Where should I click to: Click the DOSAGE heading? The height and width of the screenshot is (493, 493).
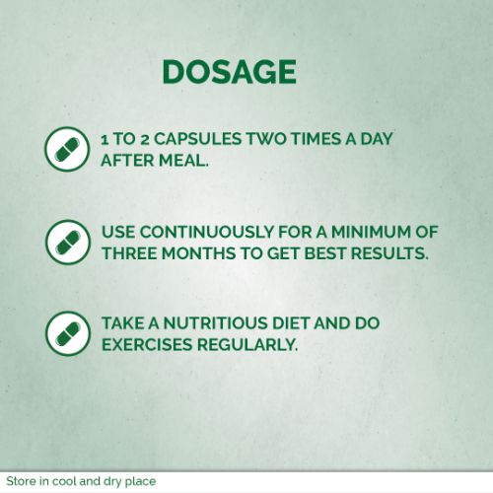tap(230, 72)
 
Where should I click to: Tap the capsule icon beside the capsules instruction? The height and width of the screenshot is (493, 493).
tap(67, 149)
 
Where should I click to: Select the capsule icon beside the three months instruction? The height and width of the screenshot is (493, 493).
tap(68, 242)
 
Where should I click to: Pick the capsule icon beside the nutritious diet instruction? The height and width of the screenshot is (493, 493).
tap(68, 333)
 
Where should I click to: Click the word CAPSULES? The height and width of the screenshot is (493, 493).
tap(198, 139)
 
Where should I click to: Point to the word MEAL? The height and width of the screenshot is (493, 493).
tap(183, 161)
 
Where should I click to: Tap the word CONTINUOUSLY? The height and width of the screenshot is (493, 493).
tap(206, 233)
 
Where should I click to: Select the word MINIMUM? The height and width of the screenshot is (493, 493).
tap(371, 233)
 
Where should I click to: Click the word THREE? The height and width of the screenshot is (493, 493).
tap(129, 253)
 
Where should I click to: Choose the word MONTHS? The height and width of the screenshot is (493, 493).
tap(198, 253)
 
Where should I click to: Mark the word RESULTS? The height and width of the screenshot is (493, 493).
tap(389, 253)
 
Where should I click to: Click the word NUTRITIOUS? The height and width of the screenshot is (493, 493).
tap(216, 323)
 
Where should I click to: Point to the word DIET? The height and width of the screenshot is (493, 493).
tap(291, 323)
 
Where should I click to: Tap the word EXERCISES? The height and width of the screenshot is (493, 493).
tap(147, 345)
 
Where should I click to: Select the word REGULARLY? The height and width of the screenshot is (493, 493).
tap(247, 345)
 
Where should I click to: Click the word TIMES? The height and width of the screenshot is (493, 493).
tap(316, 139)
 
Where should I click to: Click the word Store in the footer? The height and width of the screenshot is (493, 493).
tap(21, 481)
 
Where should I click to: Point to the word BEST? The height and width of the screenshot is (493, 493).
tap(324, 253)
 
